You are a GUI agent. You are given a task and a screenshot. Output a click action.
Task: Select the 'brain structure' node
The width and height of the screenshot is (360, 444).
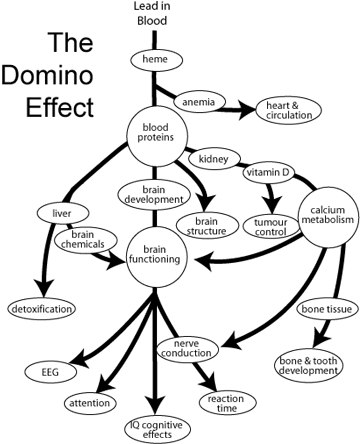coord(206,225)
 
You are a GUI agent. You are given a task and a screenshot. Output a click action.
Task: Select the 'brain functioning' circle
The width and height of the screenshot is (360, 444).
coord(154,256)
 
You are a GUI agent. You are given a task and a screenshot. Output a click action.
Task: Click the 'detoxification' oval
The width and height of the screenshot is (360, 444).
coord(41,309)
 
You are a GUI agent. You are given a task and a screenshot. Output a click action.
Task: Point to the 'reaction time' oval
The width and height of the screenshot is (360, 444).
coord(226,404)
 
